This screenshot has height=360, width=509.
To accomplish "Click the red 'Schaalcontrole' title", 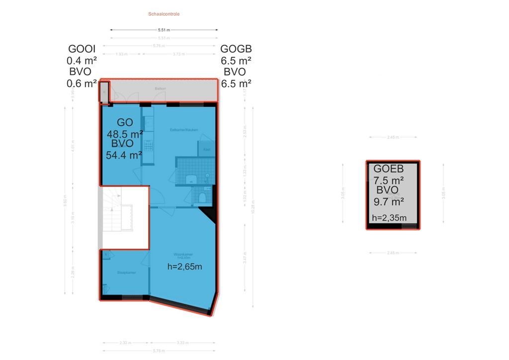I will [164, 14].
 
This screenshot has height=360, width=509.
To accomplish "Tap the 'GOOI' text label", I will [82, 49].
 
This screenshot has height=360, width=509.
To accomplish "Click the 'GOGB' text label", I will [236, 49].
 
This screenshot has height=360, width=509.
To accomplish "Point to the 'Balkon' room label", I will [160, 89].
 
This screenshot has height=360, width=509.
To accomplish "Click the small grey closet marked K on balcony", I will [104, 92].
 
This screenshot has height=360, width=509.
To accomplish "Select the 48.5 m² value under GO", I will [125, 133].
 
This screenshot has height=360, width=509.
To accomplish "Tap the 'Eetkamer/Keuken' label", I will [184, 130].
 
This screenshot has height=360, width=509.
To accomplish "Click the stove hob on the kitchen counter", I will [148, 145].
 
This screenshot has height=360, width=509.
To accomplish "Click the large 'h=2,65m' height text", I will [185, 267].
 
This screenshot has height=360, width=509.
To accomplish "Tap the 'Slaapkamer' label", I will [127, 272].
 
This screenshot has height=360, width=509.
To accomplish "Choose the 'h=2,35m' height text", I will [389, 217].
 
